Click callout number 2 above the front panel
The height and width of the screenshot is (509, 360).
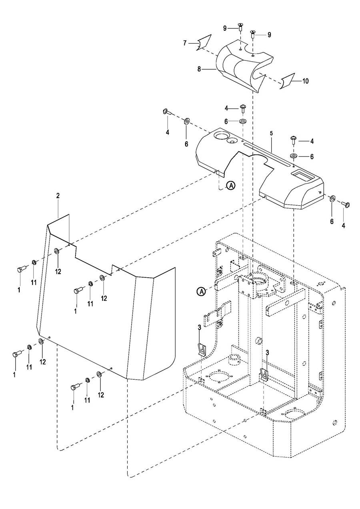(58, 195)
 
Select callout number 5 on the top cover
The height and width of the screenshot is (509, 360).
(271, 133)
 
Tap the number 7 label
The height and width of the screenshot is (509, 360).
(185, 43)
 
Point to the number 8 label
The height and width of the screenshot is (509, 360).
(199, 69)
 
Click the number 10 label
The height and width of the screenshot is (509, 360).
(306, 81)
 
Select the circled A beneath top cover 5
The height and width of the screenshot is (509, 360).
(231, 186)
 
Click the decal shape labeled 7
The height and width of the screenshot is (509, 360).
(204, 42)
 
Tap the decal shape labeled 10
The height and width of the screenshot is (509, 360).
(287, 81)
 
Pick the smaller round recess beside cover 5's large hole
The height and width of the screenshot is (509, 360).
(232, 141)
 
